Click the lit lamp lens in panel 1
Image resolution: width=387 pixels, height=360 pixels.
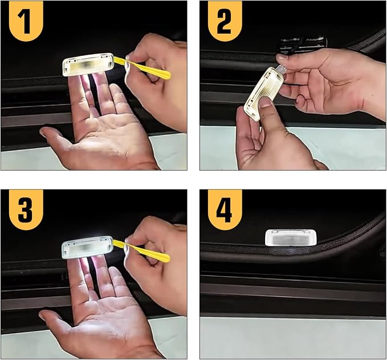coord(88,64)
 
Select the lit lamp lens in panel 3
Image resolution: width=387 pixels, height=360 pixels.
coord(87,247)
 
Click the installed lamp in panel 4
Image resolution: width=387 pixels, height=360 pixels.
coord(291,237)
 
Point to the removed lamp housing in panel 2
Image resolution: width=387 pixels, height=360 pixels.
coord(263,94)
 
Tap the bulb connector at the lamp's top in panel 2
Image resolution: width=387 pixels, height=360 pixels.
coord(281,68)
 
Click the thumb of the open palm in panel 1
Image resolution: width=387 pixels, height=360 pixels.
coord(57,140)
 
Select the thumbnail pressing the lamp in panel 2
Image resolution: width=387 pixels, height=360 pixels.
coord(264,102)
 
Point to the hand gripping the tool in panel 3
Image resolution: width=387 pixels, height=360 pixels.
coord(158,262)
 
